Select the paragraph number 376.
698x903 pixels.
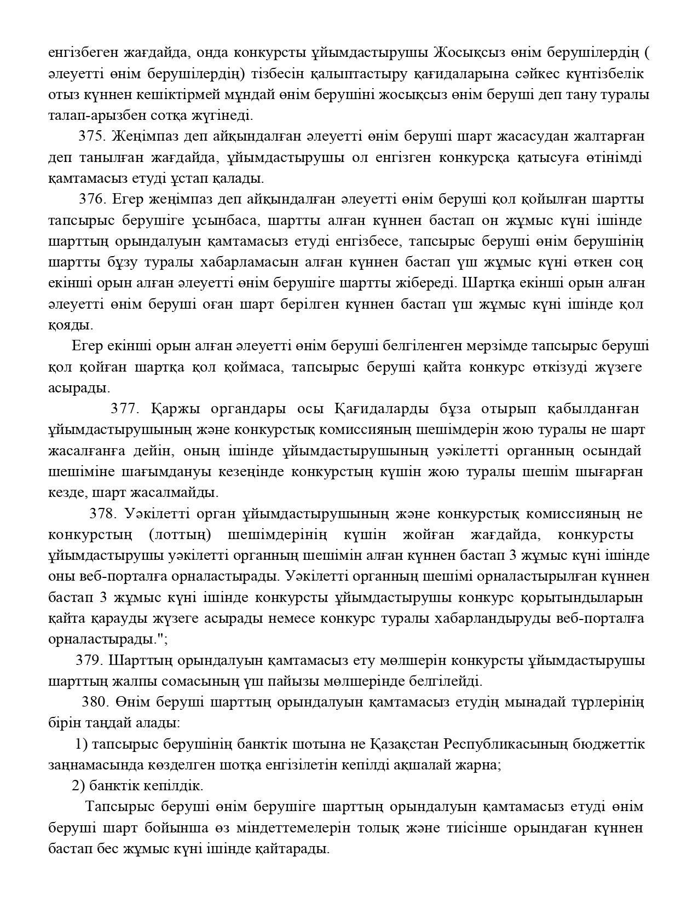(93, 199)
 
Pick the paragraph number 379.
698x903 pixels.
(90, 661)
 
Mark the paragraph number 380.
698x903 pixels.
(96, 702)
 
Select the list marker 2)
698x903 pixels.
(78, 786)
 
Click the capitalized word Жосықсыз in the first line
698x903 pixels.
(467, 53)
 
